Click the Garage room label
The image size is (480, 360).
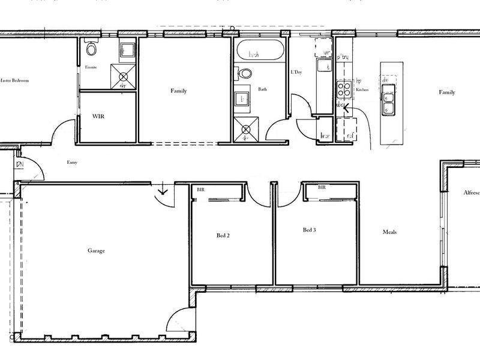coord(97,251)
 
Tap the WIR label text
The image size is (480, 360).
coord(98,116)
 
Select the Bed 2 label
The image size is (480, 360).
coord(223,236)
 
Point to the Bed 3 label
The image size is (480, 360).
coord(309,230)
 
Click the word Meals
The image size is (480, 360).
coord(390,232)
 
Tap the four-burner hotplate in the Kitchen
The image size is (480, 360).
coord(344,89)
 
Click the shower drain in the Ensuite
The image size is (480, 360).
coord(123,77)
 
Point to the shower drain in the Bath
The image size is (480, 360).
coord(244,128)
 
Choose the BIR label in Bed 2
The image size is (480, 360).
coord(201,189)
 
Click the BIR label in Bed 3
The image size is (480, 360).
coord(322,187)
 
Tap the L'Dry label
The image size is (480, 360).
coord(296,73)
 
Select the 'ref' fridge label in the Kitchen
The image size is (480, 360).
coord(349,136)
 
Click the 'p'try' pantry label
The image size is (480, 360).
coord(343,57)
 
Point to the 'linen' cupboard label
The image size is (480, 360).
coord(326,136)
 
